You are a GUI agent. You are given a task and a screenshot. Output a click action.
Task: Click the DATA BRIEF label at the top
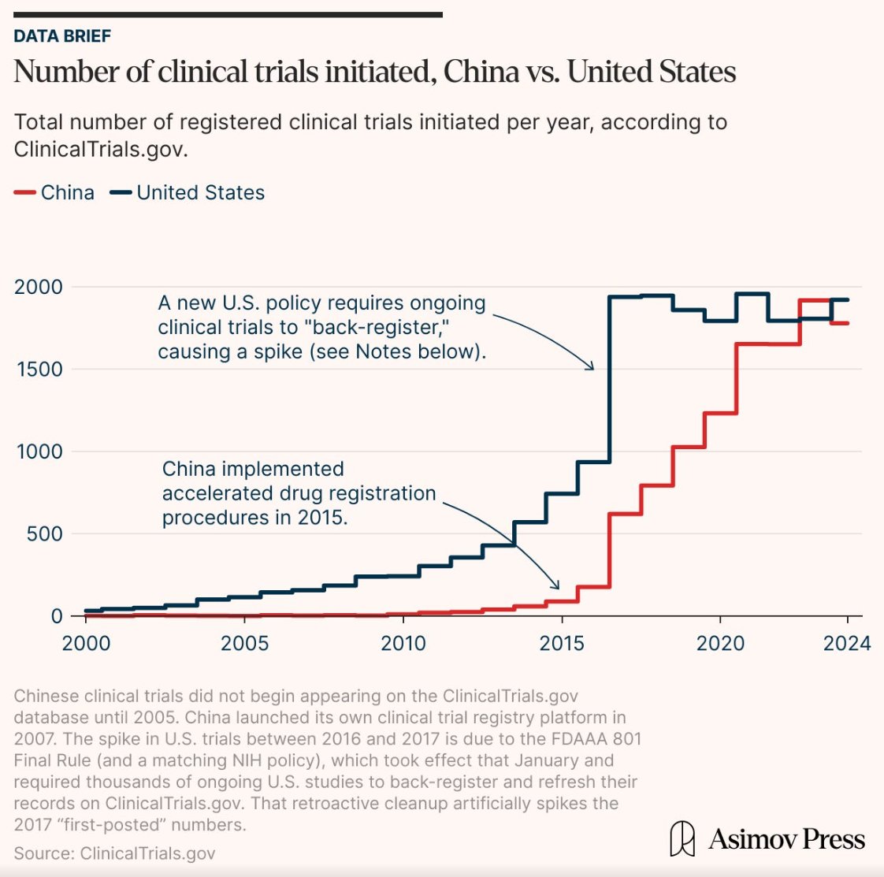click(62, 36)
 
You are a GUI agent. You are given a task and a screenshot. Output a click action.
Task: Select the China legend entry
click(54, 192)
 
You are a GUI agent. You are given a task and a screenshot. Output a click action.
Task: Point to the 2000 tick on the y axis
click(38, 287)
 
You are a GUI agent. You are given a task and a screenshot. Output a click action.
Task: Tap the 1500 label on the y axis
click(39, 370)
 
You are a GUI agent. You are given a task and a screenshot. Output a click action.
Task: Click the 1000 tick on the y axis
click(39, 452)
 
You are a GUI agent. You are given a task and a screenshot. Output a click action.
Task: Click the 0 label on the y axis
click(57, 616)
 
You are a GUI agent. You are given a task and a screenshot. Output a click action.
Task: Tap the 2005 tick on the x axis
click(244, 643)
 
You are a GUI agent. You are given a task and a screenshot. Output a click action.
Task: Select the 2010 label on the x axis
click(403, 643)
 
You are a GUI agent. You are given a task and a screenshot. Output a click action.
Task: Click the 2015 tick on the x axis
click(562, 643)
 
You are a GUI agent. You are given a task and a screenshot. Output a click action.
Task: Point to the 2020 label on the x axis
click(720, 643)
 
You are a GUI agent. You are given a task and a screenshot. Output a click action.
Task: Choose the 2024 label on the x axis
click(847, 643)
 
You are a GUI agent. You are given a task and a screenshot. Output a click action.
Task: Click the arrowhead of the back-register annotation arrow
click(592, 367)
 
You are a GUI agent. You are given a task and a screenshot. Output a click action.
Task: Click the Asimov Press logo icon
click(682, 838)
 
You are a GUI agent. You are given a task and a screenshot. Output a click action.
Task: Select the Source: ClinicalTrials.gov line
click(114, 853)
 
